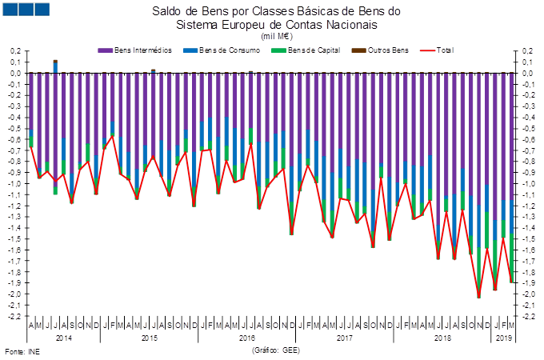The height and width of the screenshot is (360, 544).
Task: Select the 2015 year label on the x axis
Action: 149,338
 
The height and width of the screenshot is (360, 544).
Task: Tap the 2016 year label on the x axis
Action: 248,338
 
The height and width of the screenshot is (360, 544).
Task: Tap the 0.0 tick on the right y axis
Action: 527,74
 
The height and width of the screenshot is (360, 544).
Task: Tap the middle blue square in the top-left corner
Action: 26,10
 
